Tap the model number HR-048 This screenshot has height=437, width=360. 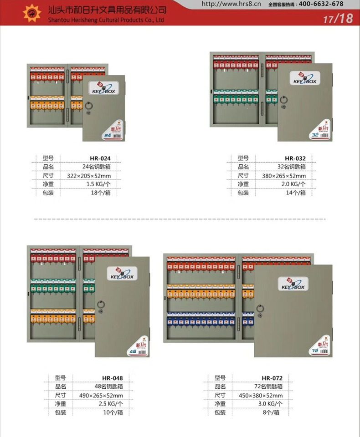click(112, 377)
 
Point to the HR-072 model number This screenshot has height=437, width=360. click(272, 377)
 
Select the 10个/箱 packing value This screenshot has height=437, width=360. click(112, 412)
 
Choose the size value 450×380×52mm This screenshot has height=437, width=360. click(261, 395)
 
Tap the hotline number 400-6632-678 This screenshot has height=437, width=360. click(320, 4)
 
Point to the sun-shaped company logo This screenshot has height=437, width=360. click(32, 13)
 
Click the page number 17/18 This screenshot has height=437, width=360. click(338, 19)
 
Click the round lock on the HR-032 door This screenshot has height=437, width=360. click(286, 99)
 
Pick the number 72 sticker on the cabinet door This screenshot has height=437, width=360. click(314, 351)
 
